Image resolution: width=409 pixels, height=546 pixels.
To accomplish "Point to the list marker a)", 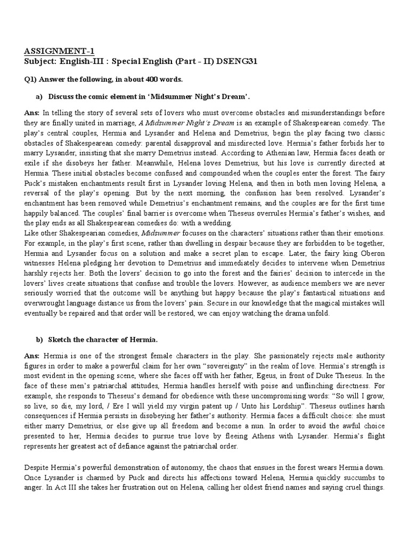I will coord(39,97).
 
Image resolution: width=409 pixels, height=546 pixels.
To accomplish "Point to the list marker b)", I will coord(39,340).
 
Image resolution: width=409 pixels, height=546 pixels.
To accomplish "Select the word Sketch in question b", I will coord(60,340).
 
